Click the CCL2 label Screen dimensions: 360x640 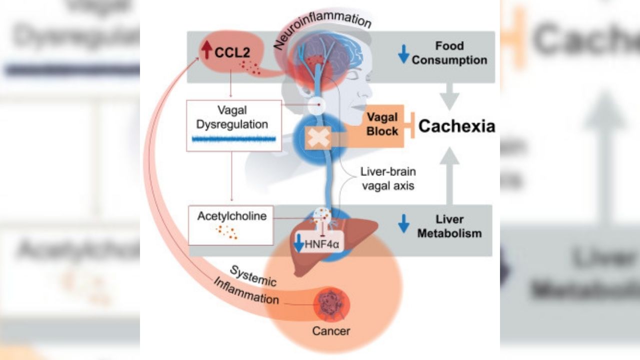tap(231, 52)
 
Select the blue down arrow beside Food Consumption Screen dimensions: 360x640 tap(403, 53)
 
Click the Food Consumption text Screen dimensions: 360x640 tap(449, 53)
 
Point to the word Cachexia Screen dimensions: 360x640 tap(456, 126)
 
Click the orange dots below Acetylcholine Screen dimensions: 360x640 tap(227, 232)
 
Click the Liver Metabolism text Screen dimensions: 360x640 tap(449, 226)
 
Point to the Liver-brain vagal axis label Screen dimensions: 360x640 tap(388, 178)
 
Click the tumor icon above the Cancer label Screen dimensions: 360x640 tap(330, 304)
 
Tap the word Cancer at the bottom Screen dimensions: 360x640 tap(331, 330)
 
